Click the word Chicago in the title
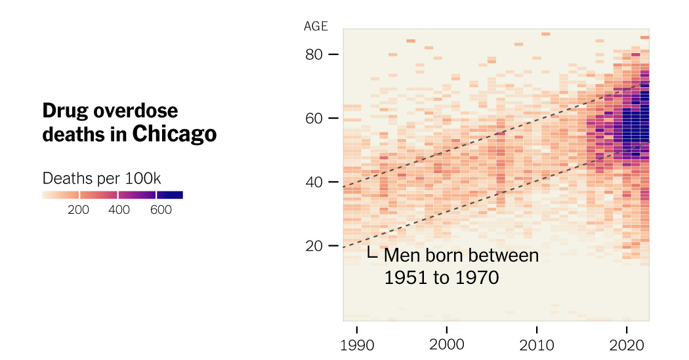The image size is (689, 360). click(174, 134)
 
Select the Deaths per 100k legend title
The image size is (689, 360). click(102, 178)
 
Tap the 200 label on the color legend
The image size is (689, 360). click(79, 210)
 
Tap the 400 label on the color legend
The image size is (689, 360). click(119, 210)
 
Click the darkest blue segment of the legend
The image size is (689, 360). click(170, 195)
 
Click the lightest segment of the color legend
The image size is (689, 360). click(60, 195)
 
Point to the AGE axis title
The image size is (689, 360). click(316, 27)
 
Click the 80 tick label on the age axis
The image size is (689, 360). click(314, 54)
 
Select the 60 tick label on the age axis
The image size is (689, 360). click(314, 118)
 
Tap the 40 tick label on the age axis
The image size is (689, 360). click(314, 182)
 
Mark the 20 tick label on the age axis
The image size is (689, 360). click(314, 246)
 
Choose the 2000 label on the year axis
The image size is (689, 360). click(447, 345)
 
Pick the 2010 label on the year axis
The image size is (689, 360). click(537, 345)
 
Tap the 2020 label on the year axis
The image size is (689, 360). click(627, 345)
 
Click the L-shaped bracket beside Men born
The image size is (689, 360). click(372, 253)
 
